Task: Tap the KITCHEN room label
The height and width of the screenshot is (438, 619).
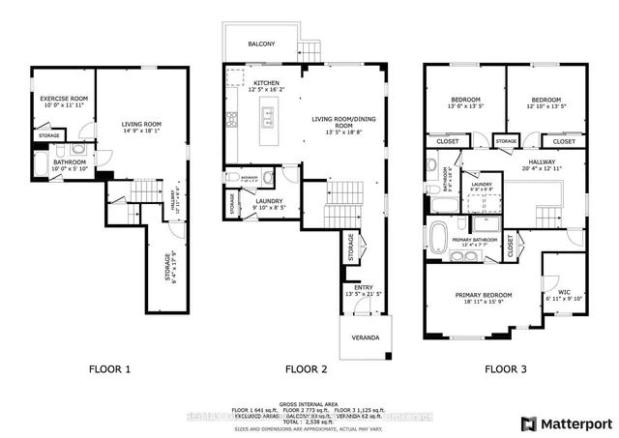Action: click(267, 83)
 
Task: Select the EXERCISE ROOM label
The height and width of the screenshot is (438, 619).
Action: click(64, 99)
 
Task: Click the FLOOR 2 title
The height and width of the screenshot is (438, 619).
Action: click(305, 368)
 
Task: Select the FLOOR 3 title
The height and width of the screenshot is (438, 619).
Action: click(505, 368)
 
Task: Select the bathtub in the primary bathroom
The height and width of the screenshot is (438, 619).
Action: click(441, 233)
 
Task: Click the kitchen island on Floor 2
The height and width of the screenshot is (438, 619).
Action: click(268, 118)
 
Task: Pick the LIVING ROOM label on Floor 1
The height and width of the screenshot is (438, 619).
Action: click(141, 124)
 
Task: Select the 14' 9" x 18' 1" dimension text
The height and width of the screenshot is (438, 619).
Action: click(141, 131)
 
